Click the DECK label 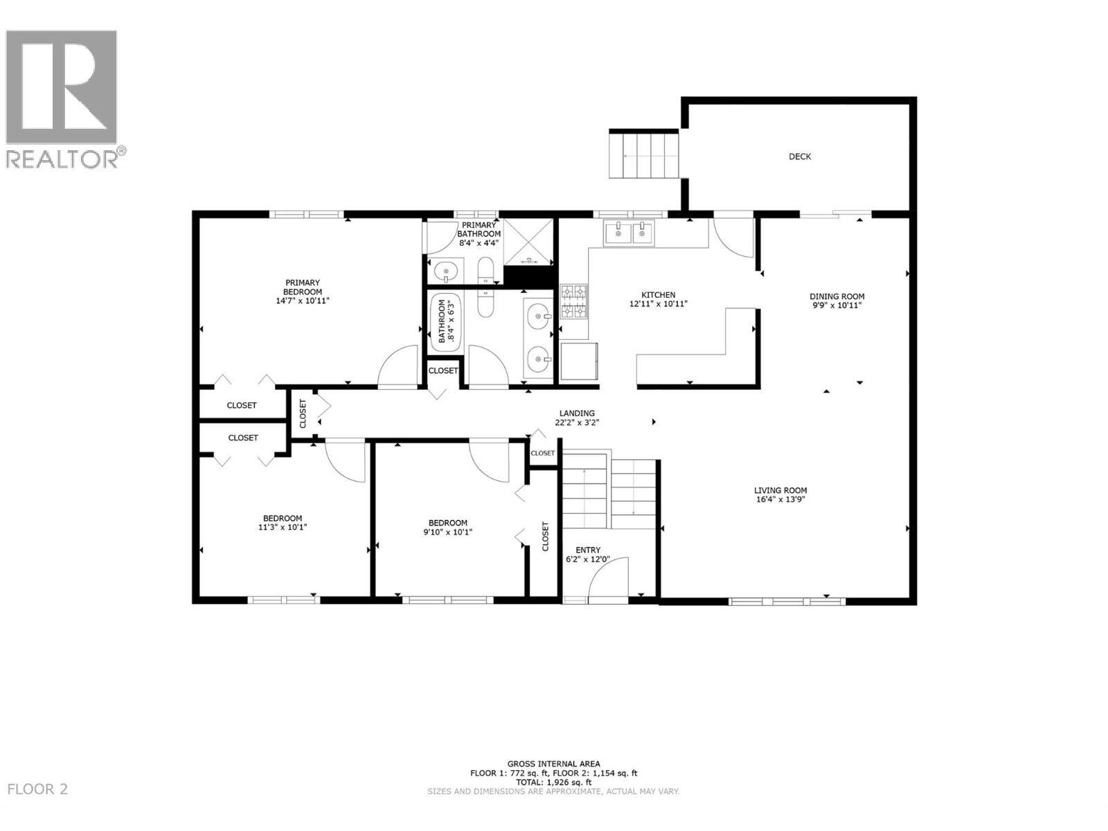pyautogui.click(x=800, y=157)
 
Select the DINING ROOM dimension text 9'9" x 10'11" pyautogui.click(x=837, y=305)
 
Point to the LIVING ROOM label pyautogui.click(x=780, y=490)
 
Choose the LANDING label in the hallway pyautogui.click(x=577, y=413)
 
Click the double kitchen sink pyautogui.click(x=629, y=233)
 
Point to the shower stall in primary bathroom pyautogui.click(x=529, y=241)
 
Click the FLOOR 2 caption pyautogui.click(x=37, y=789)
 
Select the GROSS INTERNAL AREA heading pyautogui.click(x=553, y=765)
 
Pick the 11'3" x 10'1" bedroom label pyautogui.click(x=282, y=523)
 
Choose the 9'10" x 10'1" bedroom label pyautogui.click(x=447, y=528)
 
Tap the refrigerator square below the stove pyautogui.click(x=579, y=361)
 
